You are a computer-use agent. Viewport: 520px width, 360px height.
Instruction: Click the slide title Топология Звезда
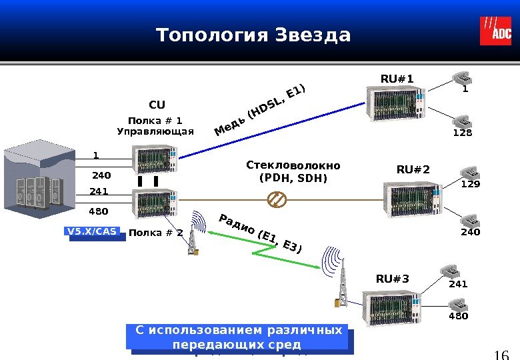click(x=253, y=35)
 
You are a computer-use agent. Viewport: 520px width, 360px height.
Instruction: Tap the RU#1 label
click(x=397, y=79)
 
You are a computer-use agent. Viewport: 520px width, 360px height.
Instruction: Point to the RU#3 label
click(x=393, y=278)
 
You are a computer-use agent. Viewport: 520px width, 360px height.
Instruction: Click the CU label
click(x=157, y=105)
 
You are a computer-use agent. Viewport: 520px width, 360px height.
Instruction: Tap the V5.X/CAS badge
click(x=91, y=232)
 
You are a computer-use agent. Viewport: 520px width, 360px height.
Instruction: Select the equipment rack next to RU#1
click(x=394, y=105)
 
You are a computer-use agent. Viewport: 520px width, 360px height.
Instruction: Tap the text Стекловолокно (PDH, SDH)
click(x=293, y=171)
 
